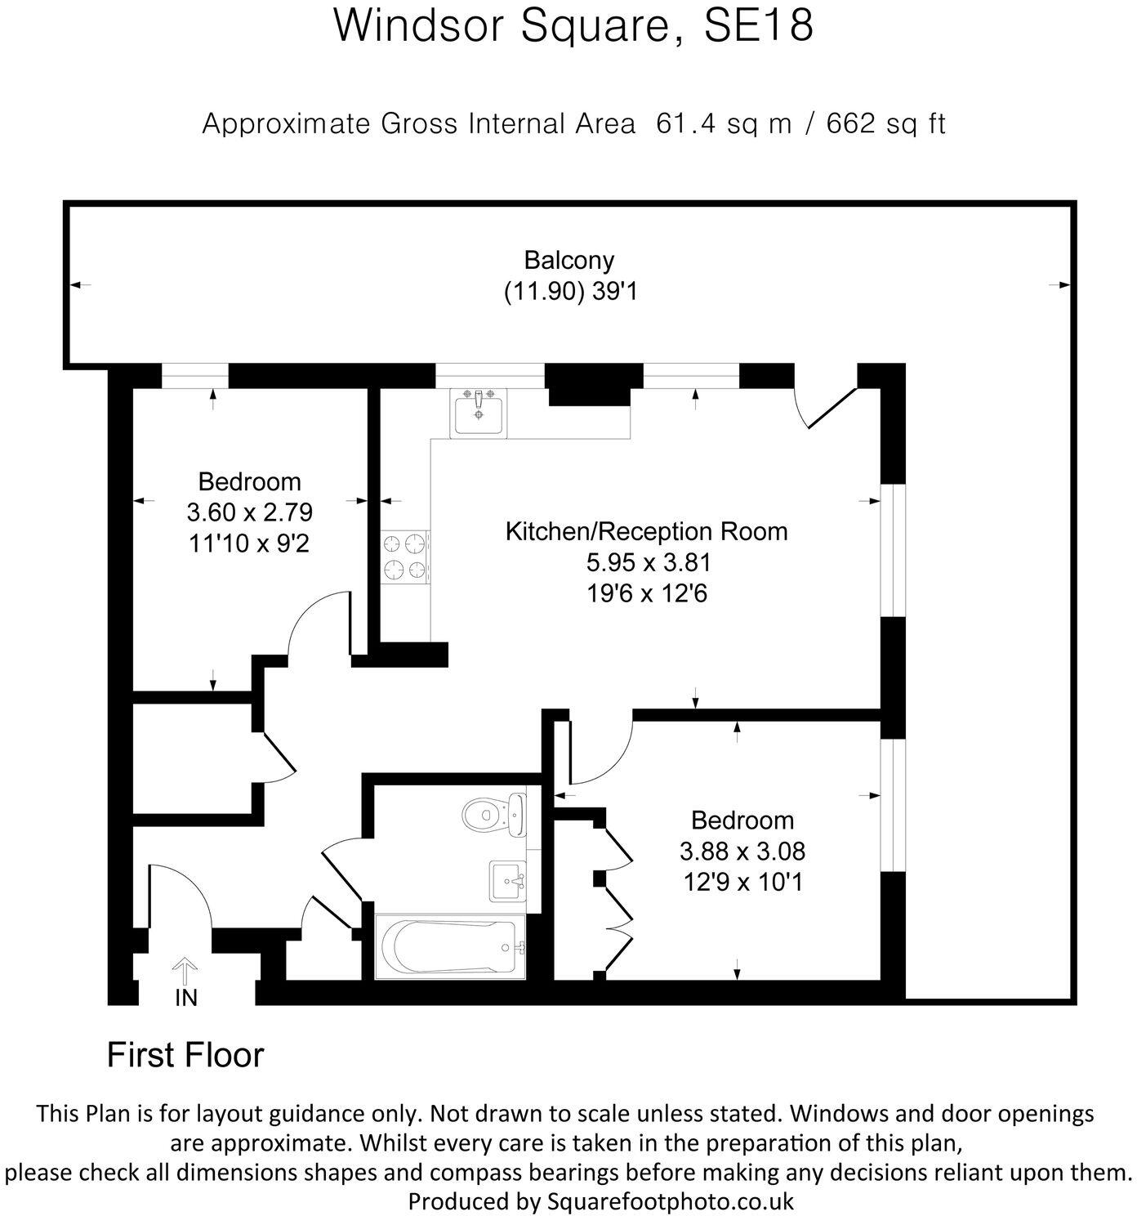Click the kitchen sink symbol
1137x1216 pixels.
[478, 413]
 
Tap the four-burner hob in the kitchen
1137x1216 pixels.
[404, 557]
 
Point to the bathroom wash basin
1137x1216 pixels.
[507, 881]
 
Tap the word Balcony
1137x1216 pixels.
[568, 260]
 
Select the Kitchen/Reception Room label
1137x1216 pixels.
[647, 531]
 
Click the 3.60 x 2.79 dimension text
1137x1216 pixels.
[250, 512]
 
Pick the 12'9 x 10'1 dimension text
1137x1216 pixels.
[742, 883]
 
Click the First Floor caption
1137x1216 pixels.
[185, 1054]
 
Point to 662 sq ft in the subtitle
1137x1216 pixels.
[885, 123]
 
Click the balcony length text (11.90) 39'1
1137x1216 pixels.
[571, 292]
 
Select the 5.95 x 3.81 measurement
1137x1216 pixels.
[649, 562]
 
